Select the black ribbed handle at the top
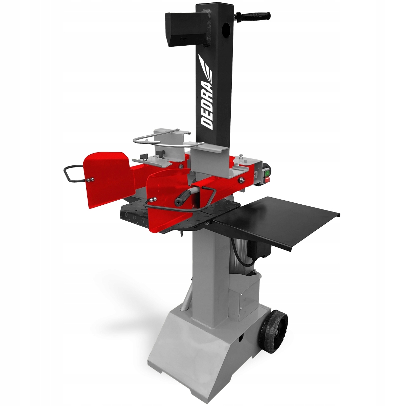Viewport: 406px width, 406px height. click(253, 16)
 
